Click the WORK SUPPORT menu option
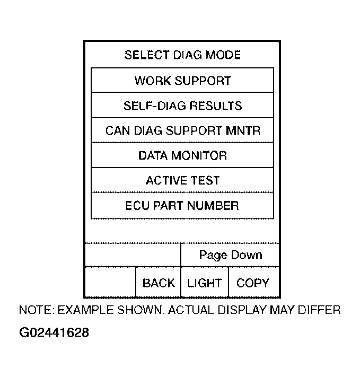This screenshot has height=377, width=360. click(182, 81)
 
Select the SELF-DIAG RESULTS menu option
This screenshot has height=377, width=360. click(182, 106)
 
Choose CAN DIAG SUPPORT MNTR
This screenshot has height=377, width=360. click(182, 130)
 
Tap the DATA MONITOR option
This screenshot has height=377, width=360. click(182, 155)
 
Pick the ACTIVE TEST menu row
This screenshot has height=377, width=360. click(182, 180)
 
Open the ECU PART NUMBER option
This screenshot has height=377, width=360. click(182, 205)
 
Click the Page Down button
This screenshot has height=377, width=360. click(230, 255)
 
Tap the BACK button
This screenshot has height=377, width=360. click(158, 283)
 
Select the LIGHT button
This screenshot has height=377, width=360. click(205, 283)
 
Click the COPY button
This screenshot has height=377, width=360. click(253, 283)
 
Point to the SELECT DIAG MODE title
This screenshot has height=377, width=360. click(182, 55)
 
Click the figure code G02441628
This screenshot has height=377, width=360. click(54, 333)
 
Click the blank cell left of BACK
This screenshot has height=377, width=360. click(110, 283)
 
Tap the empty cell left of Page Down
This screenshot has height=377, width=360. click(133, 255)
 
